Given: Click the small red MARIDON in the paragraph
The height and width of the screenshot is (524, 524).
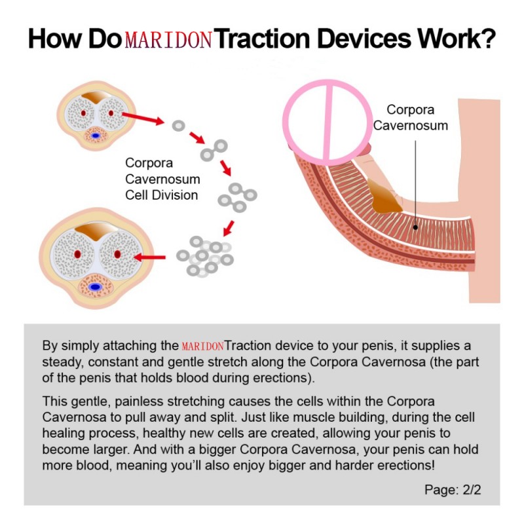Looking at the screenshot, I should (x=203, y=346).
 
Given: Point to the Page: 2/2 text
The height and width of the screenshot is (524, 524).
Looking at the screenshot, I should (x=453, y=489).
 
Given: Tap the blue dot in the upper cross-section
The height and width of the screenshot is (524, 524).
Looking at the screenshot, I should (x=97, y=136).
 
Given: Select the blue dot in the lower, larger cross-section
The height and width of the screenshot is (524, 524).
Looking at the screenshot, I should (x=96, y=287).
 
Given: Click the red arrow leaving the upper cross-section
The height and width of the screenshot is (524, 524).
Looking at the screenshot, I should (x=143, y=119).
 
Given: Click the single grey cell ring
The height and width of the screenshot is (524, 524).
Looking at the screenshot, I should (x=177, y=124).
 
